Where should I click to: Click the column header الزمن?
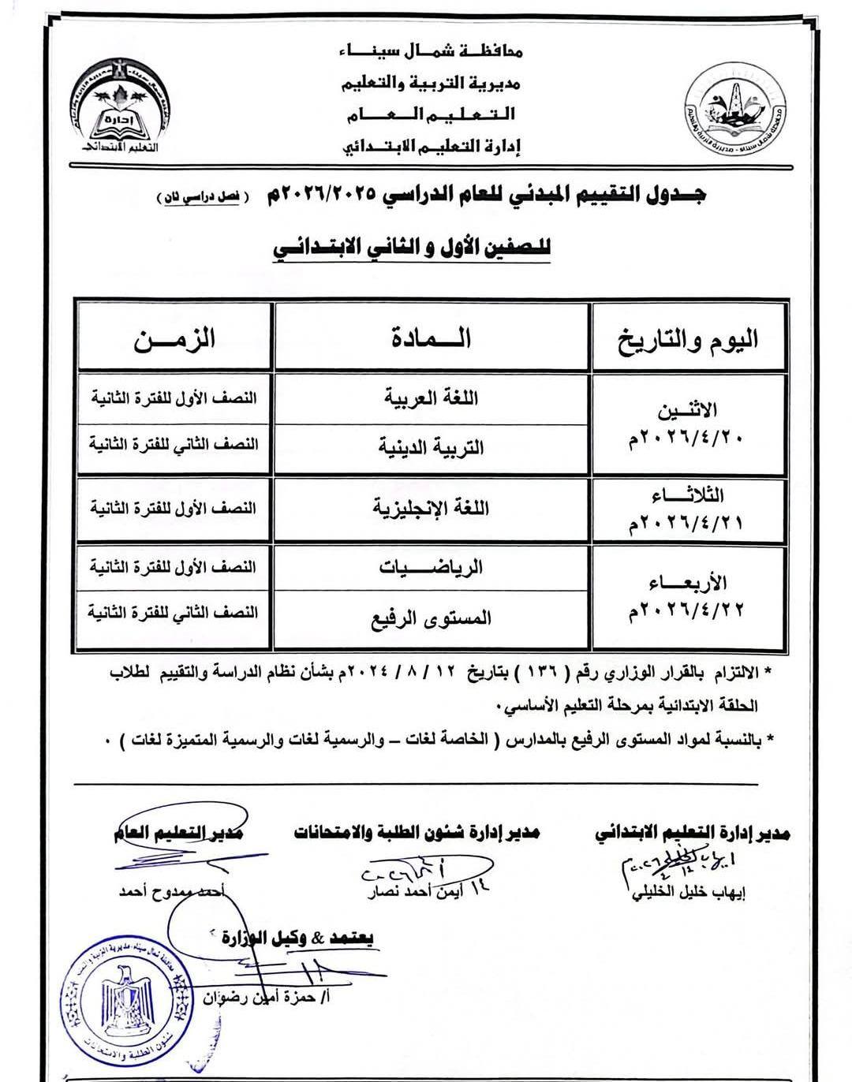point(174,339)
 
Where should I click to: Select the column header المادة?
point(431,338)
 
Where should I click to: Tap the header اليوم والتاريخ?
point(689,339)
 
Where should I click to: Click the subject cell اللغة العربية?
point(431,397)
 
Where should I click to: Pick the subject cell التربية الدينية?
point(431,447)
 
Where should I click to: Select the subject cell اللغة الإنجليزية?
point(431,508)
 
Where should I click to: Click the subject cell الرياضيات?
point(431,567)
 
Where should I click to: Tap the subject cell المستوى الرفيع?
point(431,617)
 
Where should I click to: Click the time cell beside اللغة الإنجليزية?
point(174,508)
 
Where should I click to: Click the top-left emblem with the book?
point(112,110)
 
